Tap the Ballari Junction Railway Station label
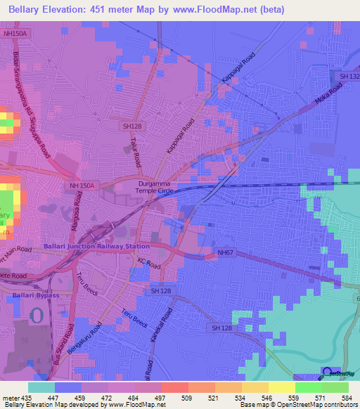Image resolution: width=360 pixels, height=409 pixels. (x=96, y=247)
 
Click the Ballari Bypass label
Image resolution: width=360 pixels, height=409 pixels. (x=34, y=295)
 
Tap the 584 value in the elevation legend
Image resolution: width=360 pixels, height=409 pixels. (x=345, y=398)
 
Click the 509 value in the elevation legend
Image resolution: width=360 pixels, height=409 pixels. (x=187, y=398)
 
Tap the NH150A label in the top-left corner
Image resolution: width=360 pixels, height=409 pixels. (x=15, y=33)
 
